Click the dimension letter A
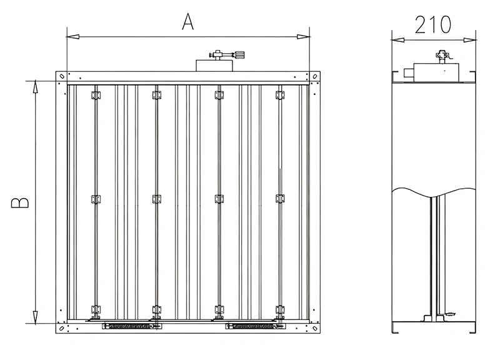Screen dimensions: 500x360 point(188,22)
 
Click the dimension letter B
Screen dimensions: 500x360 point(20,202)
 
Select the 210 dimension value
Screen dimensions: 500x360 point(433,25)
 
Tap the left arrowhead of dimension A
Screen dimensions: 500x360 point(72,37)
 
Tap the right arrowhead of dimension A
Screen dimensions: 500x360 point(303,37)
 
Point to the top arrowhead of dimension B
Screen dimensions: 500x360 point(36,87)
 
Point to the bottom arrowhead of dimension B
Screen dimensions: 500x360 point(36,317)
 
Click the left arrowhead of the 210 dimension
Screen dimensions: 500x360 point(398,40)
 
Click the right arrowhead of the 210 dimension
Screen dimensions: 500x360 point(470,40)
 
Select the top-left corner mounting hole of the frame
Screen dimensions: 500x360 point(62,76)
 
